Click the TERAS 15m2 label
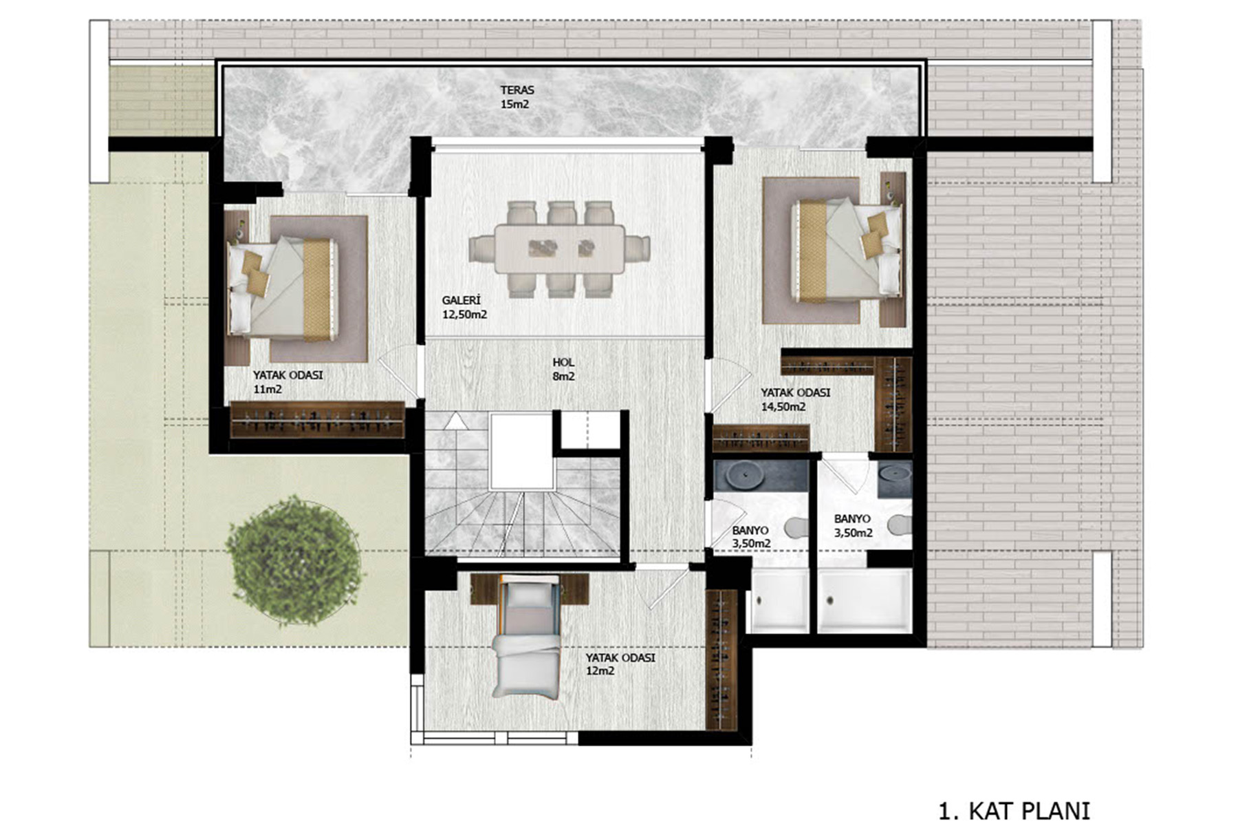pos(517,97)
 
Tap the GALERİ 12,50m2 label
pos(464,307)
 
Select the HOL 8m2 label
pos(563,369)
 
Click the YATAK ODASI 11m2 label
pos(287,382)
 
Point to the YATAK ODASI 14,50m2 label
pos(795,399)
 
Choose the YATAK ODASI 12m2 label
pos(620,664)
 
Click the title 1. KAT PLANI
pos(1014,810)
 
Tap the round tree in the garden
pos(294,560)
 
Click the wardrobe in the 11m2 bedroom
pos(316,419)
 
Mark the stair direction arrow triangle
pos(455,421)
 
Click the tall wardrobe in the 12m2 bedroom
pos(721,659)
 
